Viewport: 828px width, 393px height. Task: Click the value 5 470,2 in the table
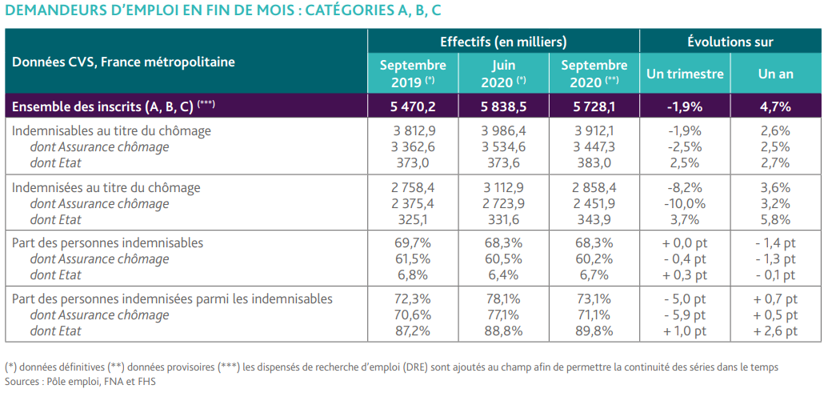point(413,106)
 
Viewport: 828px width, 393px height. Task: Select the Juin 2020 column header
point(504,74)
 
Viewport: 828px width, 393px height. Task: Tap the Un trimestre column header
point(685,74)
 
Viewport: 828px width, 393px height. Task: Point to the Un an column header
point(775,74)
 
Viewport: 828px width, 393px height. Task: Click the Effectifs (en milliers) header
point(504,41)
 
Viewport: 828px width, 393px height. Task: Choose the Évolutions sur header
point(730,41)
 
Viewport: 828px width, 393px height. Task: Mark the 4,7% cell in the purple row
point(775,106)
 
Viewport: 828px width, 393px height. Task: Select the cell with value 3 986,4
point(504,131)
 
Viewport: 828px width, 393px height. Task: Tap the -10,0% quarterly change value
point(685,203)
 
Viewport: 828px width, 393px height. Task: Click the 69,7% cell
point(413,243)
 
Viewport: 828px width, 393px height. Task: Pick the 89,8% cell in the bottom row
point(594,331)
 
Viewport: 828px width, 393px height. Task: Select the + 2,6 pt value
point(775,331)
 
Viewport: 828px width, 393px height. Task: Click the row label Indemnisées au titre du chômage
point(106,187)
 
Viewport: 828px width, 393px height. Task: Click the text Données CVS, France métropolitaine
point(123,62)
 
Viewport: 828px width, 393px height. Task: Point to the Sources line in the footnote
point(81,380)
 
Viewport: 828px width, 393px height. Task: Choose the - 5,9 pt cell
point(685,315)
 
